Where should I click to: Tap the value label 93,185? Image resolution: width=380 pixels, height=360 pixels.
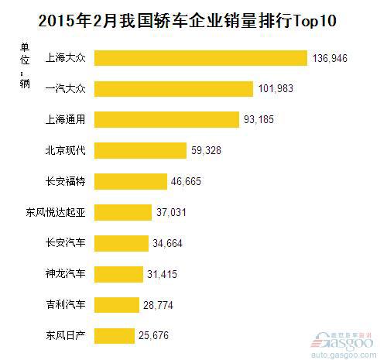(259, 119)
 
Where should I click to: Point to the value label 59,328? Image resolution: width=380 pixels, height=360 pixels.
(209, 150)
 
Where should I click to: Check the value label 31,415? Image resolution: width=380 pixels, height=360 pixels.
(166, 274)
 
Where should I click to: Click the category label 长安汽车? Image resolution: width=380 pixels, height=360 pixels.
(66, 243)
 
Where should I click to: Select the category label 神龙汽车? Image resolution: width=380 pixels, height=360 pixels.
(66, 274)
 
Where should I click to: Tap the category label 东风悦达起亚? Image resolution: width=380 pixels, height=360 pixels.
(56, 212)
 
